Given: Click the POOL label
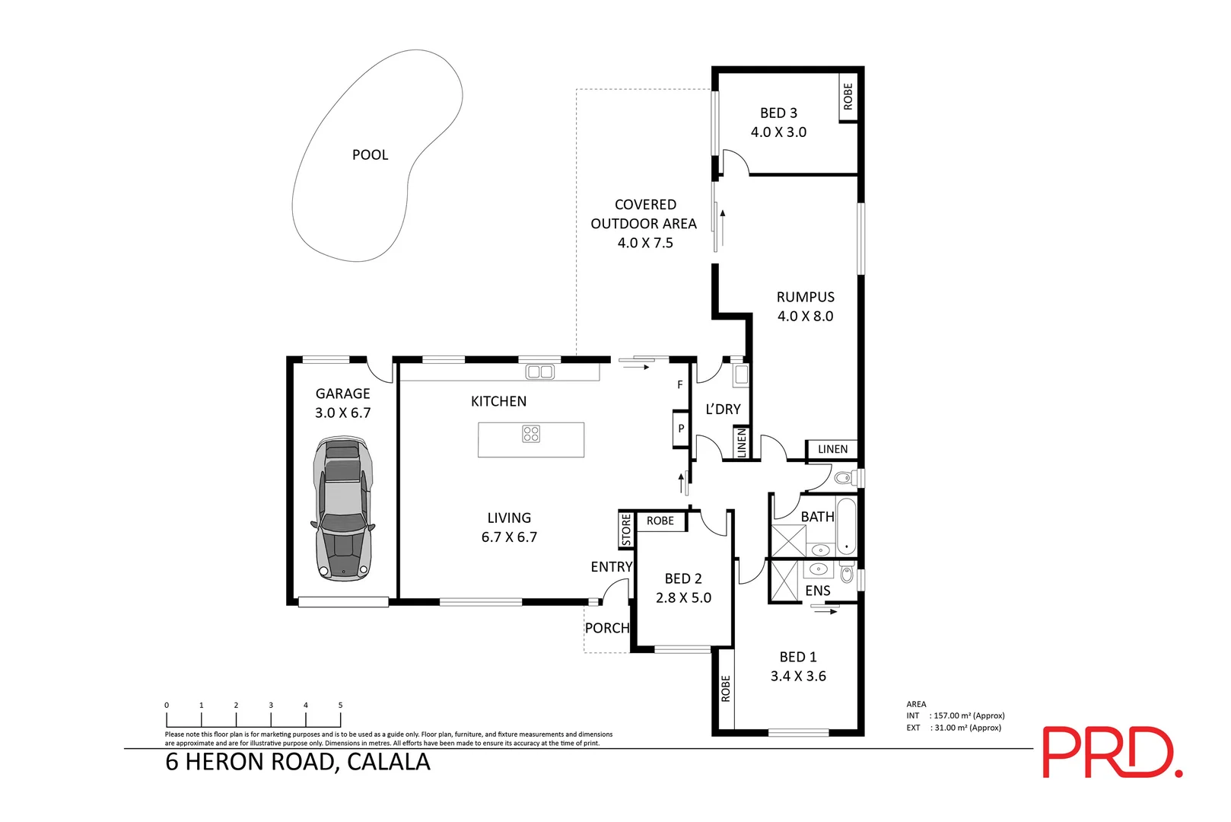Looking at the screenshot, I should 370,155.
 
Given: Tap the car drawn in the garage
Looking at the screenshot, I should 343,507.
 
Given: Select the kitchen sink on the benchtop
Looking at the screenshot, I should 539,371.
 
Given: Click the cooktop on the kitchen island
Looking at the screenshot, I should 531,434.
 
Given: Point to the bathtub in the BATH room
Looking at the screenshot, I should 846,526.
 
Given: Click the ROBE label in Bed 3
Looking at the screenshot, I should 848,96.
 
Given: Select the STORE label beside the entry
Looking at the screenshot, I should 626,530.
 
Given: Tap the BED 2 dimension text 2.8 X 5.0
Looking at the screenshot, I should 683,597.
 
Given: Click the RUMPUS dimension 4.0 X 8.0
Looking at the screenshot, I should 805,316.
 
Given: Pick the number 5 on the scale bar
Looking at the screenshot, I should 340,706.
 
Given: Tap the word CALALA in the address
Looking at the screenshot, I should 388,762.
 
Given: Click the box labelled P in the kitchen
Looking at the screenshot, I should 681,429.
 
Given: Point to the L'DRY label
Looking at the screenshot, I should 723,409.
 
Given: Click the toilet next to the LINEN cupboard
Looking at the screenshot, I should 843,478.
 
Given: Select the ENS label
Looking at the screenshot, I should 818,591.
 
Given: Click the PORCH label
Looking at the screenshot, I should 606,628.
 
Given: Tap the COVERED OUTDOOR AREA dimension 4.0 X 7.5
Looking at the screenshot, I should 645,243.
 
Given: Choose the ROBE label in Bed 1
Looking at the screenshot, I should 725,688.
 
